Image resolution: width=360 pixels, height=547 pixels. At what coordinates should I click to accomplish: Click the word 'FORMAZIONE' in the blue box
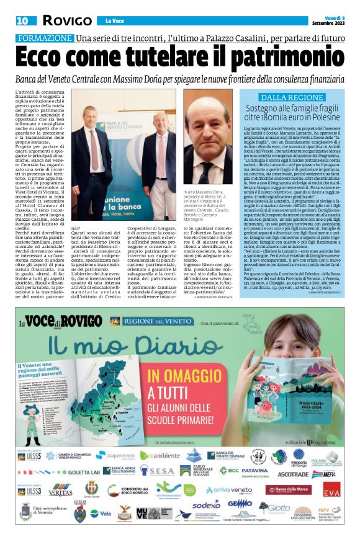click(45, 38)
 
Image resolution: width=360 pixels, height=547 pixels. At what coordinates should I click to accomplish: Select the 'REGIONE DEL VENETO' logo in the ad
click(144, 322)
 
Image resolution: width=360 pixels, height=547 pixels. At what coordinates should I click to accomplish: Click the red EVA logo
click(332, 490)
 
